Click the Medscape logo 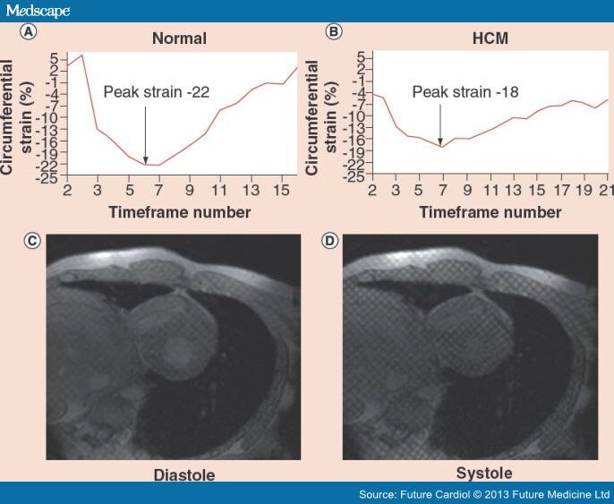pyautogui.click(x=37, y=10)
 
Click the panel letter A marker pyautogui.click(x=30, y=32)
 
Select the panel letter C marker pyautogui.click(x=30, y=241)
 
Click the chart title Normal pyautogui.click(x=180, y=38)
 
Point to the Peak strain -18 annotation pyautogui.click(x=465, y=91)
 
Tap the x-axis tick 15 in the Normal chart pyautogui.click(x=283, y=191)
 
